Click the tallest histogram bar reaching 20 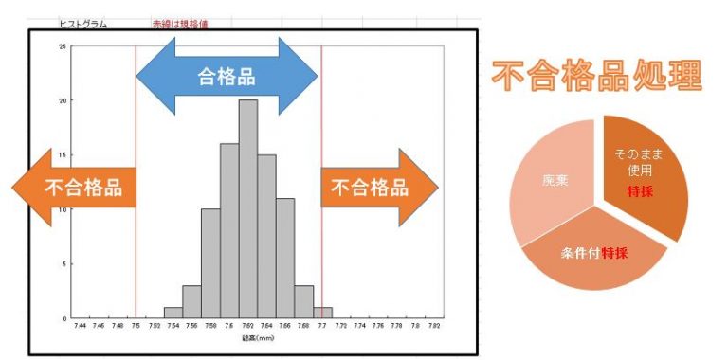coord(248,208)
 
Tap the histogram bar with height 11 coord(285,258)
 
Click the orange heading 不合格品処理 coord(596,75)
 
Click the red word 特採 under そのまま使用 coord(639,190)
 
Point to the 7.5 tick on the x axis coord(136,328)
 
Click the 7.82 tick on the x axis coord(433,328)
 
